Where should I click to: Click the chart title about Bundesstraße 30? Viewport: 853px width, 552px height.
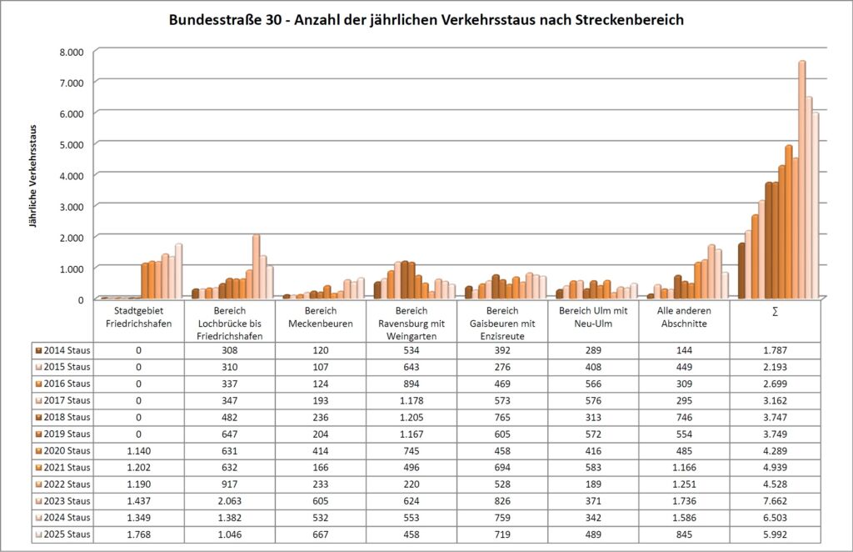(426, 19)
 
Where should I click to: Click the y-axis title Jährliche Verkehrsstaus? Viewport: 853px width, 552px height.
(34, 176)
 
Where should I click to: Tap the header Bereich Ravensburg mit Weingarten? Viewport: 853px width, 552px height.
(412, 323)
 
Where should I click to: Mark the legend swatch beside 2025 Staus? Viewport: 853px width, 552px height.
(39, 534)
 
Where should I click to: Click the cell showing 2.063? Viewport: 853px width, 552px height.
(230, 500)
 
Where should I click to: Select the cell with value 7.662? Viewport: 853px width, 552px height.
(775, 500)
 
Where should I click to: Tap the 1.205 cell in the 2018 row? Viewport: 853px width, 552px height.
(412, 417)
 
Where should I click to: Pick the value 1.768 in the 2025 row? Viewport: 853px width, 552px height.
(138, 534)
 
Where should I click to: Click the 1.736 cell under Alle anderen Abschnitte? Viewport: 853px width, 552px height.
(684, 500)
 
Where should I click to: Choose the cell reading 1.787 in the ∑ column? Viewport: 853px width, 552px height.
(775, 350)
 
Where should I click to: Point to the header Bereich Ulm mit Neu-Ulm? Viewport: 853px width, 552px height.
(593, 317)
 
